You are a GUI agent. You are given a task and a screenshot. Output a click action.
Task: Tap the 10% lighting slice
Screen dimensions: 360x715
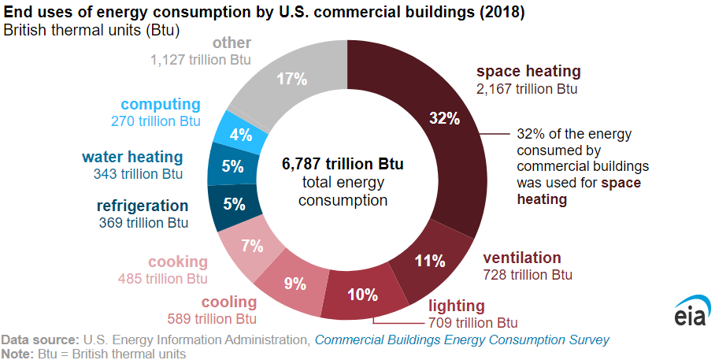pos(363,294)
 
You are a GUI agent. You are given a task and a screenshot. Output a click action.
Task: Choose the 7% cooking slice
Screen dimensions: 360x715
pos(251,245)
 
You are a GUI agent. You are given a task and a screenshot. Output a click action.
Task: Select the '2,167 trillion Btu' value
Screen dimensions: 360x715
pos(527,89)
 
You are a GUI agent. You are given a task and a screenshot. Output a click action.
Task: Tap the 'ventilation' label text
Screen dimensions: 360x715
pos(521,258)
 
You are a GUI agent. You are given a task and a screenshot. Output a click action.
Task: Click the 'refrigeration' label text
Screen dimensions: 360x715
pos(143,206)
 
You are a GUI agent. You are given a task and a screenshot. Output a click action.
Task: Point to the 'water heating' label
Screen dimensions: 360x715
pos(132,157)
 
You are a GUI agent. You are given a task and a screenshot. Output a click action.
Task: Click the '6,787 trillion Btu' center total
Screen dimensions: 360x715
pos(343,165)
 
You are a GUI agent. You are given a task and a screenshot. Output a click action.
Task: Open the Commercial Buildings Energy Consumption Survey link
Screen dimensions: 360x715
pos(461,340)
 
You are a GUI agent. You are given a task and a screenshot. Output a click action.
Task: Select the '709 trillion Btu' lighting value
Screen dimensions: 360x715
pos(473,322)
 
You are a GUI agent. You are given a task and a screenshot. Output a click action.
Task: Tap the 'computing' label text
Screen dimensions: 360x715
pos(161,104)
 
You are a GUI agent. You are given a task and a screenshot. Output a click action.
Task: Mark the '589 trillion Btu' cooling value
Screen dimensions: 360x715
pos(212,319)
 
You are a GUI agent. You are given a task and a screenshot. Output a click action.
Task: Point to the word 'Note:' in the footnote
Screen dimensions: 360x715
pos(17,354)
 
